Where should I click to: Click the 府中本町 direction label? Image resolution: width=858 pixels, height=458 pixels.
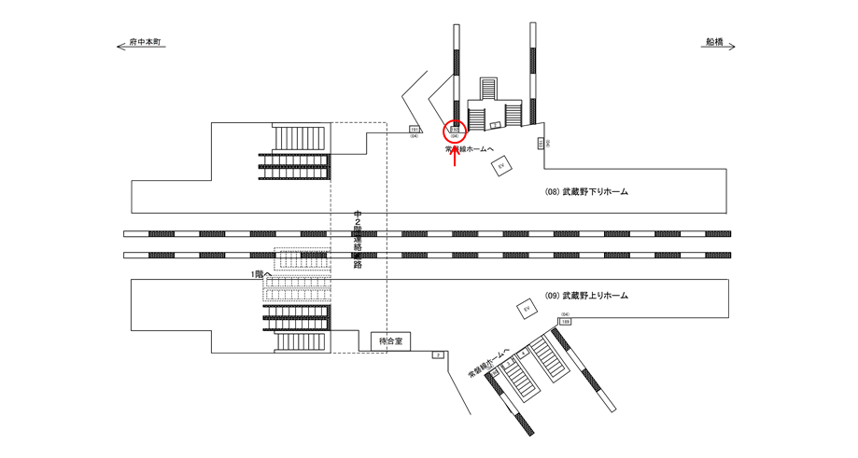tap(146, 43)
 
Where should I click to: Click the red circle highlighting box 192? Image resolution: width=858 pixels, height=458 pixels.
tap(455, 131)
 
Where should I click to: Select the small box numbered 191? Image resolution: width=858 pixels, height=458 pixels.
tap(415, 130)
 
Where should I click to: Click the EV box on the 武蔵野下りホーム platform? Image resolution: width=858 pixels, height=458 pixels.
tap(501, 165)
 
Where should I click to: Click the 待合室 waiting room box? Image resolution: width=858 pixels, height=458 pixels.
tap(390, 341)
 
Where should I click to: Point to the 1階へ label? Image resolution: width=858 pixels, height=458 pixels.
tap(261, 274)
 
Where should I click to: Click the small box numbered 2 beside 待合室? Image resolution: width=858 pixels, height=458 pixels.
tap(437, 355)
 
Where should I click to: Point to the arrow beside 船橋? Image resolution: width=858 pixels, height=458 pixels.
tap(729, 44)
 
